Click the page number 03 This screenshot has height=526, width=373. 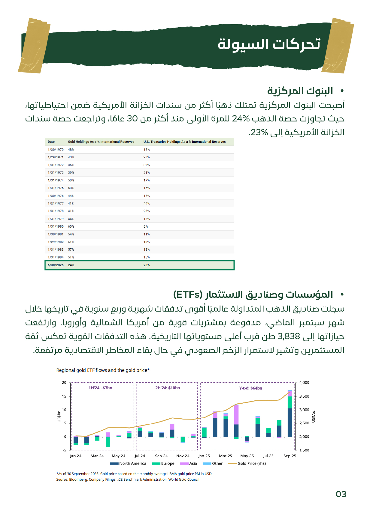tap(341, 494)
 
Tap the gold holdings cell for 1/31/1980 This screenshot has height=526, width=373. tap(71, 226)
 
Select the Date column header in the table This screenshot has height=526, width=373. tap(51, 142)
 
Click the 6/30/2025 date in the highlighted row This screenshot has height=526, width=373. tap(56, 265)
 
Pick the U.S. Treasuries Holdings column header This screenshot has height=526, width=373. tap(184, 142)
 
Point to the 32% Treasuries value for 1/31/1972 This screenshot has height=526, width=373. tap(147, 165)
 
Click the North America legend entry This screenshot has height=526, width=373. tap(132, 463)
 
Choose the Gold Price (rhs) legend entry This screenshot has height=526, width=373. tap(251, 463)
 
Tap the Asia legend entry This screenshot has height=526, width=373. tap(193, 463)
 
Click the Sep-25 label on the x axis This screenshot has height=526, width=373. tap(290, 456)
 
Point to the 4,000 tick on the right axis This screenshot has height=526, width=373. tap(304, 383)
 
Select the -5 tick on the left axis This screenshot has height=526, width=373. tap(65, 450)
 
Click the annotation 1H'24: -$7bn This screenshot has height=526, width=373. tap(100, 388)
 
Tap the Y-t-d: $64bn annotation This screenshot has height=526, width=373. tap(250, 388)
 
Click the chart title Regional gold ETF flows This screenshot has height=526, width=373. tap(103, 370)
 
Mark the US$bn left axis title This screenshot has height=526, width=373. tap(59, 417)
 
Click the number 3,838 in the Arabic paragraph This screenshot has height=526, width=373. tap(289, 336)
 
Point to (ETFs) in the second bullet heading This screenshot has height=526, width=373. tap(188, 294)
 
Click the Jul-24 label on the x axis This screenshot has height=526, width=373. tap(140, 456)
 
